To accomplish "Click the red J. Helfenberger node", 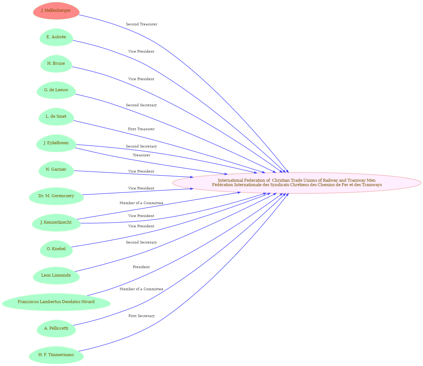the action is coord(56,11).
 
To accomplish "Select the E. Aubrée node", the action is coord(56,37).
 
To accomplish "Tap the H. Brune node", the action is coord(56,64).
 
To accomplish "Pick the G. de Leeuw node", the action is coord(56,90).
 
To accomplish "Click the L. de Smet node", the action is coord(56,117).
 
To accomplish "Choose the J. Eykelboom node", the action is coord(56,143).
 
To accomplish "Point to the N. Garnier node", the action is coord(56,170).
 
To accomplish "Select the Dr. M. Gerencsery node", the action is coord(56,196).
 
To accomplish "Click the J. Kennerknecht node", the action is coord(56,222).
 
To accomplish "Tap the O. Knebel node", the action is coord(56,249).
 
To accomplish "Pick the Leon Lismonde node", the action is coord(56,276).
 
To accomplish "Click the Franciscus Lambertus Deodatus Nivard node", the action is coord(56,302).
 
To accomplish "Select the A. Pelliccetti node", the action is coord(56,328).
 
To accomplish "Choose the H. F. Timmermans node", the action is coord(56,355).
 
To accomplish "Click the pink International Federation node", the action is coord(297,183).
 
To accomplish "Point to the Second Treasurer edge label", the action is coord(141,24).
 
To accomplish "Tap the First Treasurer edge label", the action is coord(141,129).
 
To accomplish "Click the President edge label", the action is coord(141,267).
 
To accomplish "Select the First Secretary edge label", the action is coord(141,316).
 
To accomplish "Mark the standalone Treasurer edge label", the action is coord(141,155).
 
